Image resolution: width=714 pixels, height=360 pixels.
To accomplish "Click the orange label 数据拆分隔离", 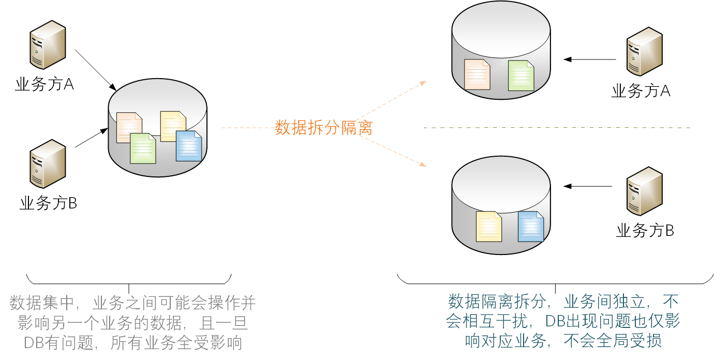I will point(323,127).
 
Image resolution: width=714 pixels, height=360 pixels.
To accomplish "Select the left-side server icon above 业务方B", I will point(48,163).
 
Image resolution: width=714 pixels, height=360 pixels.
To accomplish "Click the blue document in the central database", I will point(189,146).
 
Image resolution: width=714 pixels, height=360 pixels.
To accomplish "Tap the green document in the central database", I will point(143,148).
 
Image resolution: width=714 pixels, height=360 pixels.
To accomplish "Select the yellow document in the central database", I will point(173,126).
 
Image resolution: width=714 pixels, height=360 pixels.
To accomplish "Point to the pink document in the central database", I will point(129,127).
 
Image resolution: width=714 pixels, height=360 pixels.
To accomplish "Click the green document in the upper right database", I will point(520,76).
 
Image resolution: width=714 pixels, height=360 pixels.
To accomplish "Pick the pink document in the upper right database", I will point(477,74).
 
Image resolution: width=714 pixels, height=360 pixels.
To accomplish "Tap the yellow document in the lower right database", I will point(489,227).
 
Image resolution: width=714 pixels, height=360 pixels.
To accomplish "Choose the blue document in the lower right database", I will point(531,227).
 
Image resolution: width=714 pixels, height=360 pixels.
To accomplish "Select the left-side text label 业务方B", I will point(48,203).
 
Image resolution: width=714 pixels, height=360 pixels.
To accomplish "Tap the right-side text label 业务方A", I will point(641,92).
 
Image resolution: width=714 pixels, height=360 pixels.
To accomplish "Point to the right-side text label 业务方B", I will point(645,231).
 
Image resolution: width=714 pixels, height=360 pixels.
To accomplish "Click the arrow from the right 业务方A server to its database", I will point(590,59).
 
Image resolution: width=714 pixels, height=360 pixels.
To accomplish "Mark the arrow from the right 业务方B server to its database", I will point(588,186).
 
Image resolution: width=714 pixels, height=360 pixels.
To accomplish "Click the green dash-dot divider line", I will point(556,127).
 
